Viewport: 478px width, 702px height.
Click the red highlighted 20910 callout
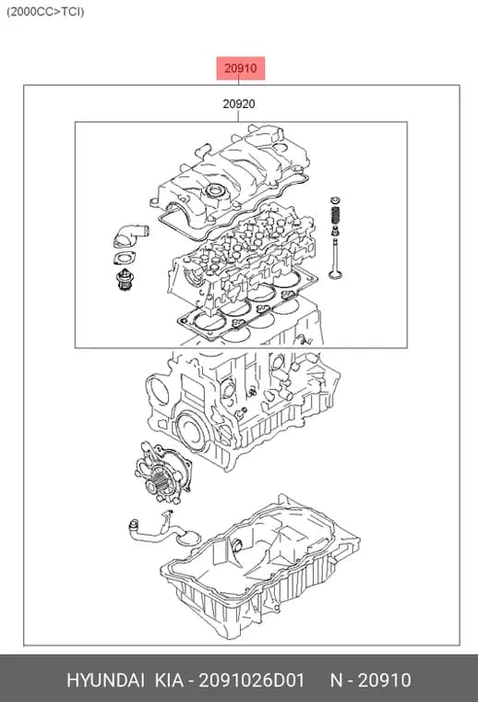click(x=241, y=68)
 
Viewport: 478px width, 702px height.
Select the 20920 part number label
click(x=239, y=103)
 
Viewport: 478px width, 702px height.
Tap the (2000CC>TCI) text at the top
click(x=45, y=12)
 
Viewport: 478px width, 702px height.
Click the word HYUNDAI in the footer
click(x=105, y=680)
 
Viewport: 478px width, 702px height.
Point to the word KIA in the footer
click(x=169, y=680)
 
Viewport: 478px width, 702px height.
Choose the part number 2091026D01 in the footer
click(x=251, y=680)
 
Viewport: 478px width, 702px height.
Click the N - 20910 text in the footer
click(x=370, y=680)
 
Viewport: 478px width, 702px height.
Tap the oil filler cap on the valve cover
click(x=215, y=192)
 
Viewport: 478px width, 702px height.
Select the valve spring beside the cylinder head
click(x=335, y=217)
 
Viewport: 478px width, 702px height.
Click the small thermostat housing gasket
click(x=125, y=259)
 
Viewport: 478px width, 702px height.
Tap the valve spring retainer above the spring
click(x=334, y=200)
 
